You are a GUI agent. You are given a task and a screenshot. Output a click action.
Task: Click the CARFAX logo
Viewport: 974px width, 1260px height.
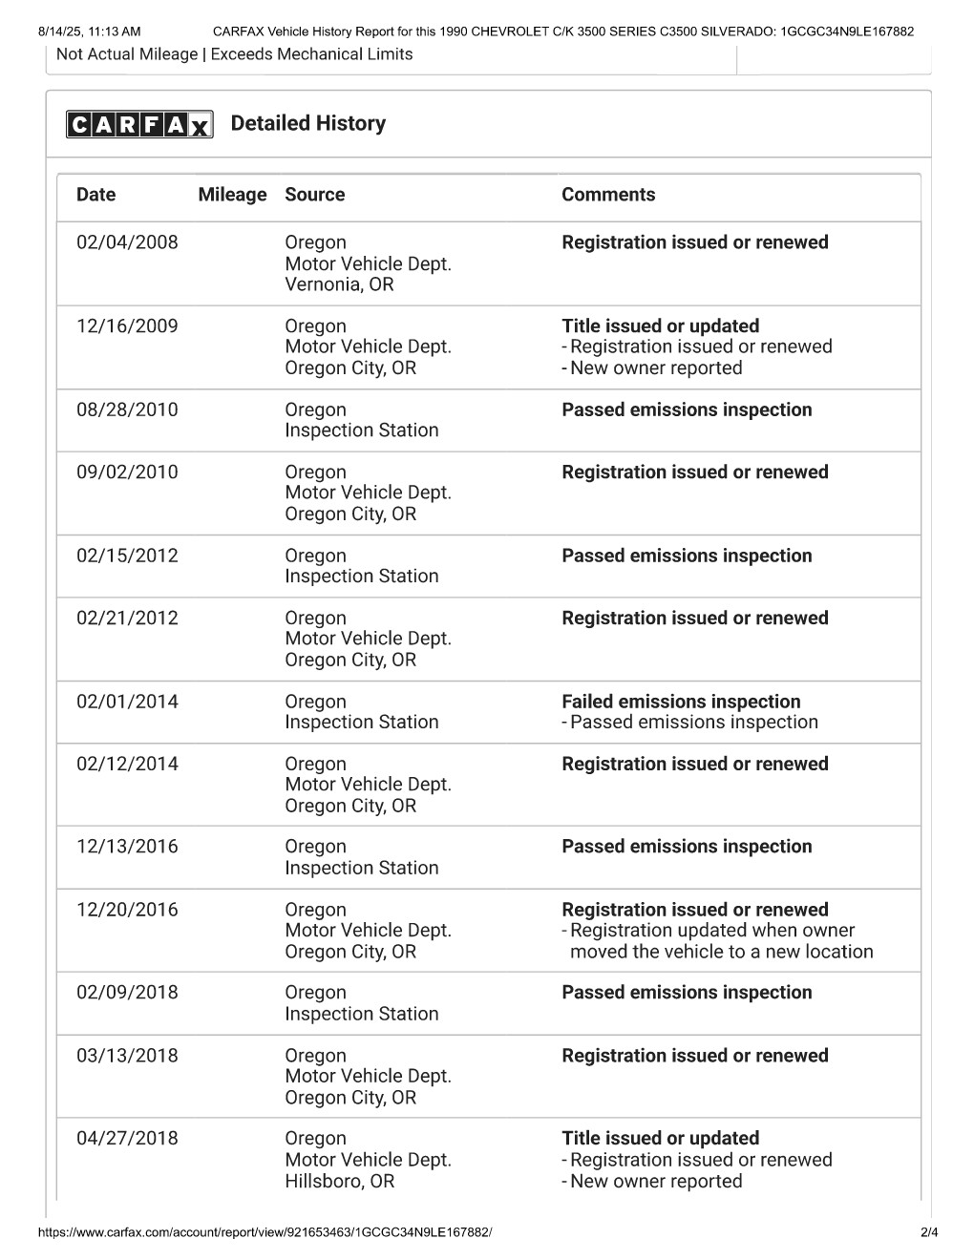[x=139, y=124]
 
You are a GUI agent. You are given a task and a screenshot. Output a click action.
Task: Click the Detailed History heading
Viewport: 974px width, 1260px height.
[x=307, y=123]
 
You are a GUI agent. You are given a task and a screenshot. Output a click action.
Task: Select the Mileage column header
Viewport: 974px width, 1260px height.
[x=232, y=195]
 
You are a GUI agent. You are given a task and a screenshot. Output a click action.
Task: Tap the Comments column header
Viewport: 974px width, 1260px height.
[x=608, y=195]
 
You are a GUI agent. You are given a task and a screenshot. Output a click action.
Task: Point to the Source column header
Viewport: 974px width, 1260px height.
[x=314, y=195]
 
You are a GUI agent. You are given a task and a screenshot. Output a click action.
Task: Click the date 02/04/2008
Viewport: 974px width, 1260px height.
[x=127, y=242]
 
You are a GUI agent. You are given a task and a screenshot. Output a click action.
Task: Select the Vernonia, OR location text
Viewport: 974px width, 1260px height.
[x=339, y=284]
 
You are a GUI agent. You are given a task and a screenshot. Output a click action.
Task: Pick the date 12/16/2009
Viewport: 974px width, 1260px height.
[x=127, y=326]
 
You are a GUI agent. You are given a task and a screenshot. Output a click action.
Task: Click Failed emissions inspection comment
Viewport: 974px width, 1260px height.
[x=681, y=702]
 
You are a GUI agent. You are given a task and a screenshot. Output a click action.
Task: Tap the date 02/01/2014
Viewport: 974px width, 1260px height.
[x=127, y=702]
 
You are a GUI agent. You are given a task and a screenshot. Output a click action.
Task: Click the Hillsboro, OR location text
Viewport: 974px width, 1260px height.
[x=339, y=1181]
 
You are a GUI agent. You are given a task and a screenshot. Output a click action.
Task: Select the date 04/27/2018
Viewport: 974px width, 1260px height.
[x=127, y=1139]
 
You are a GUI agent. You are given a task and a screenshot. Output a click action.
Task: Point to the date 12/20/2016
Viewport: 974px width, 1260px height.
[x=127, y=910]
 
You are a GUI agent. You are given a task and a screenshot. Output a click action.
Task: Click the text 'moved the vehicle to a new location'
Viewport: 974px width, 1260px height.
[x=721, y=952]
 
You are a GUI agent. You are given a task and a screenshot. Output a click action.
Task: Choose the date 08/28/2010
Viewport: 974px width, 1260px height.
[x=127, y=410]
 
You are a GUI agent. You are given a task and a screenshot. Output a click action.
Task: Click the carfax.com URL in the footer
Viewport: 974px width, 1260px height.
[x=265, y=1232]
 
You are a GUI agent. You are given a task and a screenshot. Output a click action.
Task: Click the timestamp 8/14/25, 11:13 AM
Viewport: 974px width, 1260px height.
[x=89, y=31]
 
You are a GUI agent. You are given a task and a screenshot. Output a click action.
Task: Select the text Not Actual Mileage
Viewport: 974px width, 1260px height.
[x=127, y=54]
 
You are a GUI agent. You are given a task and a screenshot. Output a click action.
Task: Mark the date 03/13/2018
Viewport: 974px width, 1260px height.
[x=127, y=1056]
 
